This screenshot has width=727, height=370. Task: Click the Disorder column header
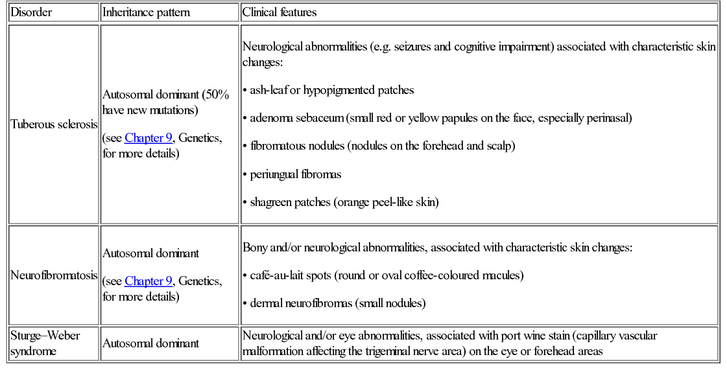coord(31,12)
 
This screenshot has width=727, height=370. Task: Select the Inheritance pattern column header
coord(146,12)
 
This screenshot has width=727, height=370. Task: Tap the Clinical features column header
coord(279,12)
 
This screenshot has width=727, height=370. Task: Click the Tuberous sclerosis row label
coord(54,124)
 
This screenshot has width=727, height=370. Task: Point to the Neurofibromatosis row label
coord(54,275)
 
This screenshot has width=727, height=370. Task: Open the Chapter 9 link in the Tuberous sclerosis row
coord(149,138)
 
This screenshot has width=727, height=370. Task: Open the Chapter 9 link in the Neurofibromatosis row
coord(149,281)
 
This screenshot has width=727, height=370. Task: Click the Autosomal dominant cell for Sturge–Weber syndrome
coord(150,343)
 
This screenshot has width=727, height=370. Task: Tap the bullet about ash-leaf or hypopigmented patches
coord(331,90)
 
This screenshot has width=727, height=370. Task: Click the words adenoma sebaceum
coord(296,118)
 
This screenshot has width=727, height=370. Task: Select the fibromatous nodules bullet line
coord(383,146)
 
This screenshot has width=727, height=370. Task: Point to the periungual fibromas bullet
coord(296,174)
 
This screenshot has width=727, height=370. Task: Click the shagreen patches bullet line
coord(344,202)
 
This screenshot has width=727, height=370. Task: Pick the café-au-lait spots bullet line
coord(387,275)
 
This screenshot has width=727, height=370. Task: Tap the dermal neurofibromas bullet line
coord(338,303)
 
